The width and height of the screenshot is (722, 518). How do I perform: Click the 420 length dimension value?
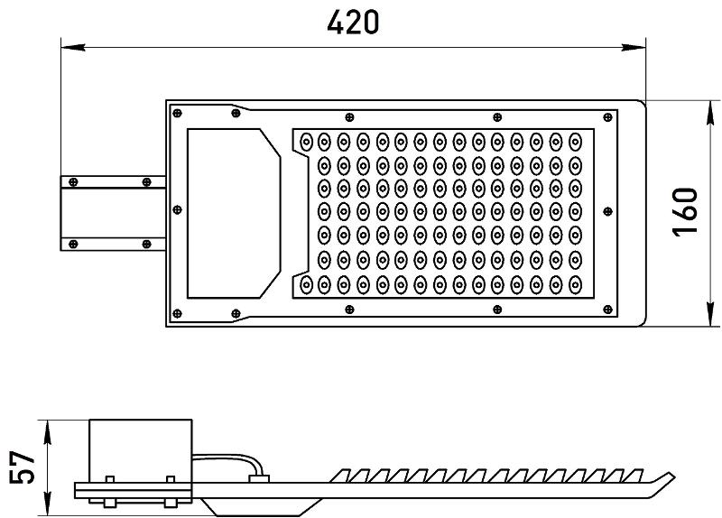(353, 23)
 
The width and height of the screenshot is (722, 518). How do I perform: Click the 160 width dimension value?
(685, 212)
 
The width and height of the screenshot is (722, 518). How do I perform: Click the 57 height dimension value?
(22, 467)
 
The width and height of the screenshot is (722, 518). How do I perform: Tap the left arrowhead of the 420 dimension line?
(73, 47)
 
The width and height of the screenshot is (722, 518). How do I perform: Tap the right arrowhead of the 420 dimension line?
(634, 47)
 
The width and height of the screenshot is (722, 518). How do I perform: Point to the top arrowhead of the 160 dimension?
(711, 112)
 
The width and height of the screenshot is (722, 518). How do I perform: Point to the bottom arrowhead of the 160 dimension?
(711, 314)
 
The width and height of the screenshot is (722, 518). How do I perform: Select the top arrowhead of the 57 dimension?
(47, 432)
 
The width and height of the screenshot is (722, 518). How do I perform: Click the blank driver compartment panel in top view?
(234, 213)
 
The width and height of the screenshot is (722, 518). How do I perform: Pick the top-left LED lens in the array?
(306, 142)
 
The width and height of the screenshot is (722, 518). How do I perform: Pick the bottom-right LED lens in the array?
(576, 285)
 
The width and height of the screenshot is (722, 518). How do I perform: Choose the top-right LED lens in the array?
(576, 142)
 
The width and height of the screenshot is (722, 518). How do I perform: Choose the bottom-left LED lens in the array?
(306, 285)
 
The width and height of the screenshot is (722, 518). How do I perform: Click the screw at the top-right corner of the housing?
(607, 117)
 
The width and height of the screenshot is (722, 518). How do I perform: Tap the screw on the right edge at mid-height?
(607, 211)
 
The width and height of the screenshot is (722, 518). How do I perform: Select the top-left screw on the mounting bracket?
(73, 182)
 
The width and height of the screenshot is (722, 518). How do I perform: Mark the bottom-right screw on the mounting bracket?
(146, 244)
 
